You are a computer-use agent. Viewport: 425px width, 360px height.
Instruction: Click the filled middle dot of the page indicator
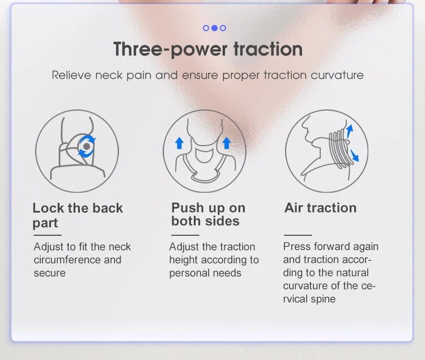(x=214, y=28)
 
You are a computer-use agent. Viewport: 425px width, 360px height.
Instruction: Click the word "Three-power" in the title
(x=162, y=49)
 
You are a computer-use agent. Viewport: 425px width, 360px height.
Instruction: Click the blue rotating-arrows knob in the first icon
(x=86, y=146)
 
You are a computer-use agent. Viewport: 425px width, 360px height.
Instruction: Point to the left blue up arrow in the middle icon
(x=179, y=142)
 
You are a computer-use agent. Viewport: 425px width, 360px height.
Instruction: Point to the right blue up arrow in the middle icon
(x=227, y=142)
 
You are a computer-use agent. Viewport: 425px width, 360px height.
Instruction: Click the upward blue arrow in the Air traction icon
(x=350, y=131)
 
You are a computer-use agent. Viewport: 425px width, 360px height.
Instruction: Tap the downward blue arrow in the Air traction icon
(x=355, y=154)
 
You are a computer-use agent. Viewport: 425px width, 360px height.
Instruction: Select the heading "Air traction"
(x=320, y=207)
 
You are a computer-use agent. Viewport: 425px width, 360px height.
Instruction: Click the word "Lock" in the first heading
(x=49, y=208)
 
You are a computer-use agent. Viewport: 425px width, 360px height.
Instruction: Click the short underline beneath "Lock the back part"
(x=46, y=235)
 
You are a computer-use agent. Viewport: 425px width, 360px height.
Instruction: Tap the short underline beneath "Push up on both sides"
(x=185, y=235)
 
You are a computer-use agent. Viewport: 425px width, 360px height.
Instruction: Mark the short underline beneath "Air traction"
(x=297, y=235)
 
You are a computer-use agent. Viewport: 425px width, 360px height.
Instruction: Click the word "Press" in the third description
(x=296, y=247)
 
